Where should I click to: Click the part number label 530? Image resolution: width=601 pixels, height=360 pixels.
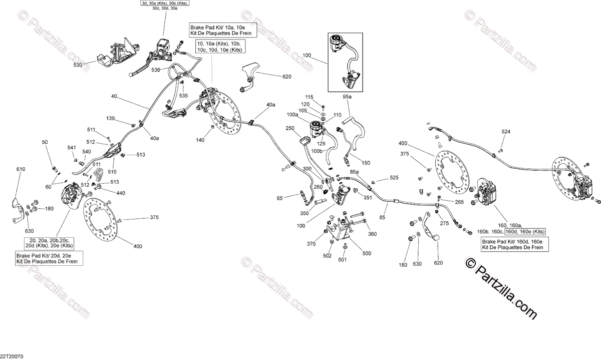pyautogui.click(x=78, y=65)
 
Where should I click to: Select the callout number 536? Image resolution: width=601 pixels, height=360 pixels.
pyautogui.click(x=156, y=70)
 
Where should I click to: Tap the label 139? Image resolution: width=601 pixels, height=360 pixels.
pyautogui.click(x=110, y=118)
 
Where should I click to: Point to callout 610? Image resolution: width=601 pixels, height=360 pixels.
pyautogui.click(x=21, y=170)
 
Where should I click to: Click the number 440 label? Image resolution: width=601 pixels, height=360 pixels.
pyautogui.click(x=121, y=193)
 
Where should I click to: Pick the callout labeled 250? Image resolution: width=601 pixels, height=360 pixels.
pyautogui.click(x=289, y=128)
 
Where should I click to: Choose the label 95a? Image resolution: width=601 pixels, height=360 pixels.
pyautogui.click(x=347, y=96)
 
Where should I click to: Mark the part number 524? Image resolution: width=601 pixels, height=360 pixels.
pyautogui.click(x=507, y=132)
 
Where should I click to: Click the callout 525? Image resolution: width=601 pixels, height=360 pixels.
pyautogui.click(x=395, y=178)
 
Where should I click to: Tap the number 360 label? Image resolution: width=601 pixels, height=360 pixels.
pyautogui.click(x=372, y=234)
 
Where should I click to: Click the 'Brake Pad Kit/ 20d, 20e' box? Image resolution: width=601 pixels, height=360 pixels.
pyautogui.click(x=49, y=258)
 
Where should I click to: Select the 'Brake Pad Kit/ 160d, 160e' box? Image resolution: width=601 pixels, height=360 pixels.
pyautogui.click(x=512, y=244)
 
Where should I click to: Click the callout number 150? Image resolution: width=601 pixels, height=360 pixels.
pyautogui.click(x=366, y=163)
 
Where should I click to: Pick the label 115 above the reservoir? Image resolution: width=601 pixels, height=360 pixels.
pyautogui.click(x=309, y=97)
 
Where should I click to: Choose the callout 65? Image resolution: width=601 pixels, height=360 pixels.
pyautogui.click(x=280, y=198)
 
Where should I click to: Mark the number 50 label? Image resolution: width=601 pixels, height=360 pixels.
pyautogui.click(x=46, y=143)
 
